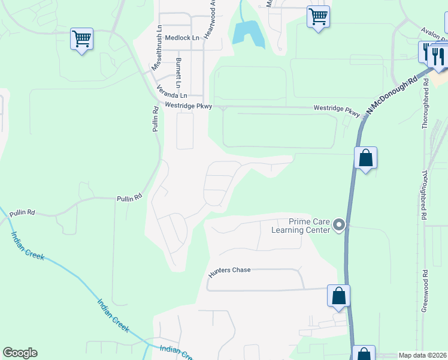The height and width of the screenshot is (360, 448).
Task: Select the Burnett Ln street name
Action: [x=178, y=71]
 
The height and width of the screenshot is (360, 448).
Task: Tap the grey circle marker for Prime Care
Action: [x=340, y=226]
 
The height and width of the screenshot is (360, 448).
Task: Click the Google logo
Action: [x=20, y=353]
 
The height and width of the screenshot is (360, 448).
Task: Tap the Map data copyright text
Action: [x=422, y=355]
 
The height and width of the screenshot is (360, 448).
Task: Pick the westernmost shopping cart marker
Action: [x=81, y=39]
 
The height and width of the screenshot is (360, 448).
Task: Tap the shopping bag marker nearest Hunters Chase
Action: [x=338, y=295]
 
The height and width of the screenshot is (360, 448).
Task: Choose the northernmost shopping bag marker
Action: [x=365, y=158]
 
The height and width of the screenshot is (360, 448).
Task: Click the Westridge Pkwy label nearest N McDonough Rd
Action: [x=338, y=110]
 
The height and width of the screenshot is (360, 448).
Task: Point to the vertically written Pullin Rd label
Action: [x=155, y=119]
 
